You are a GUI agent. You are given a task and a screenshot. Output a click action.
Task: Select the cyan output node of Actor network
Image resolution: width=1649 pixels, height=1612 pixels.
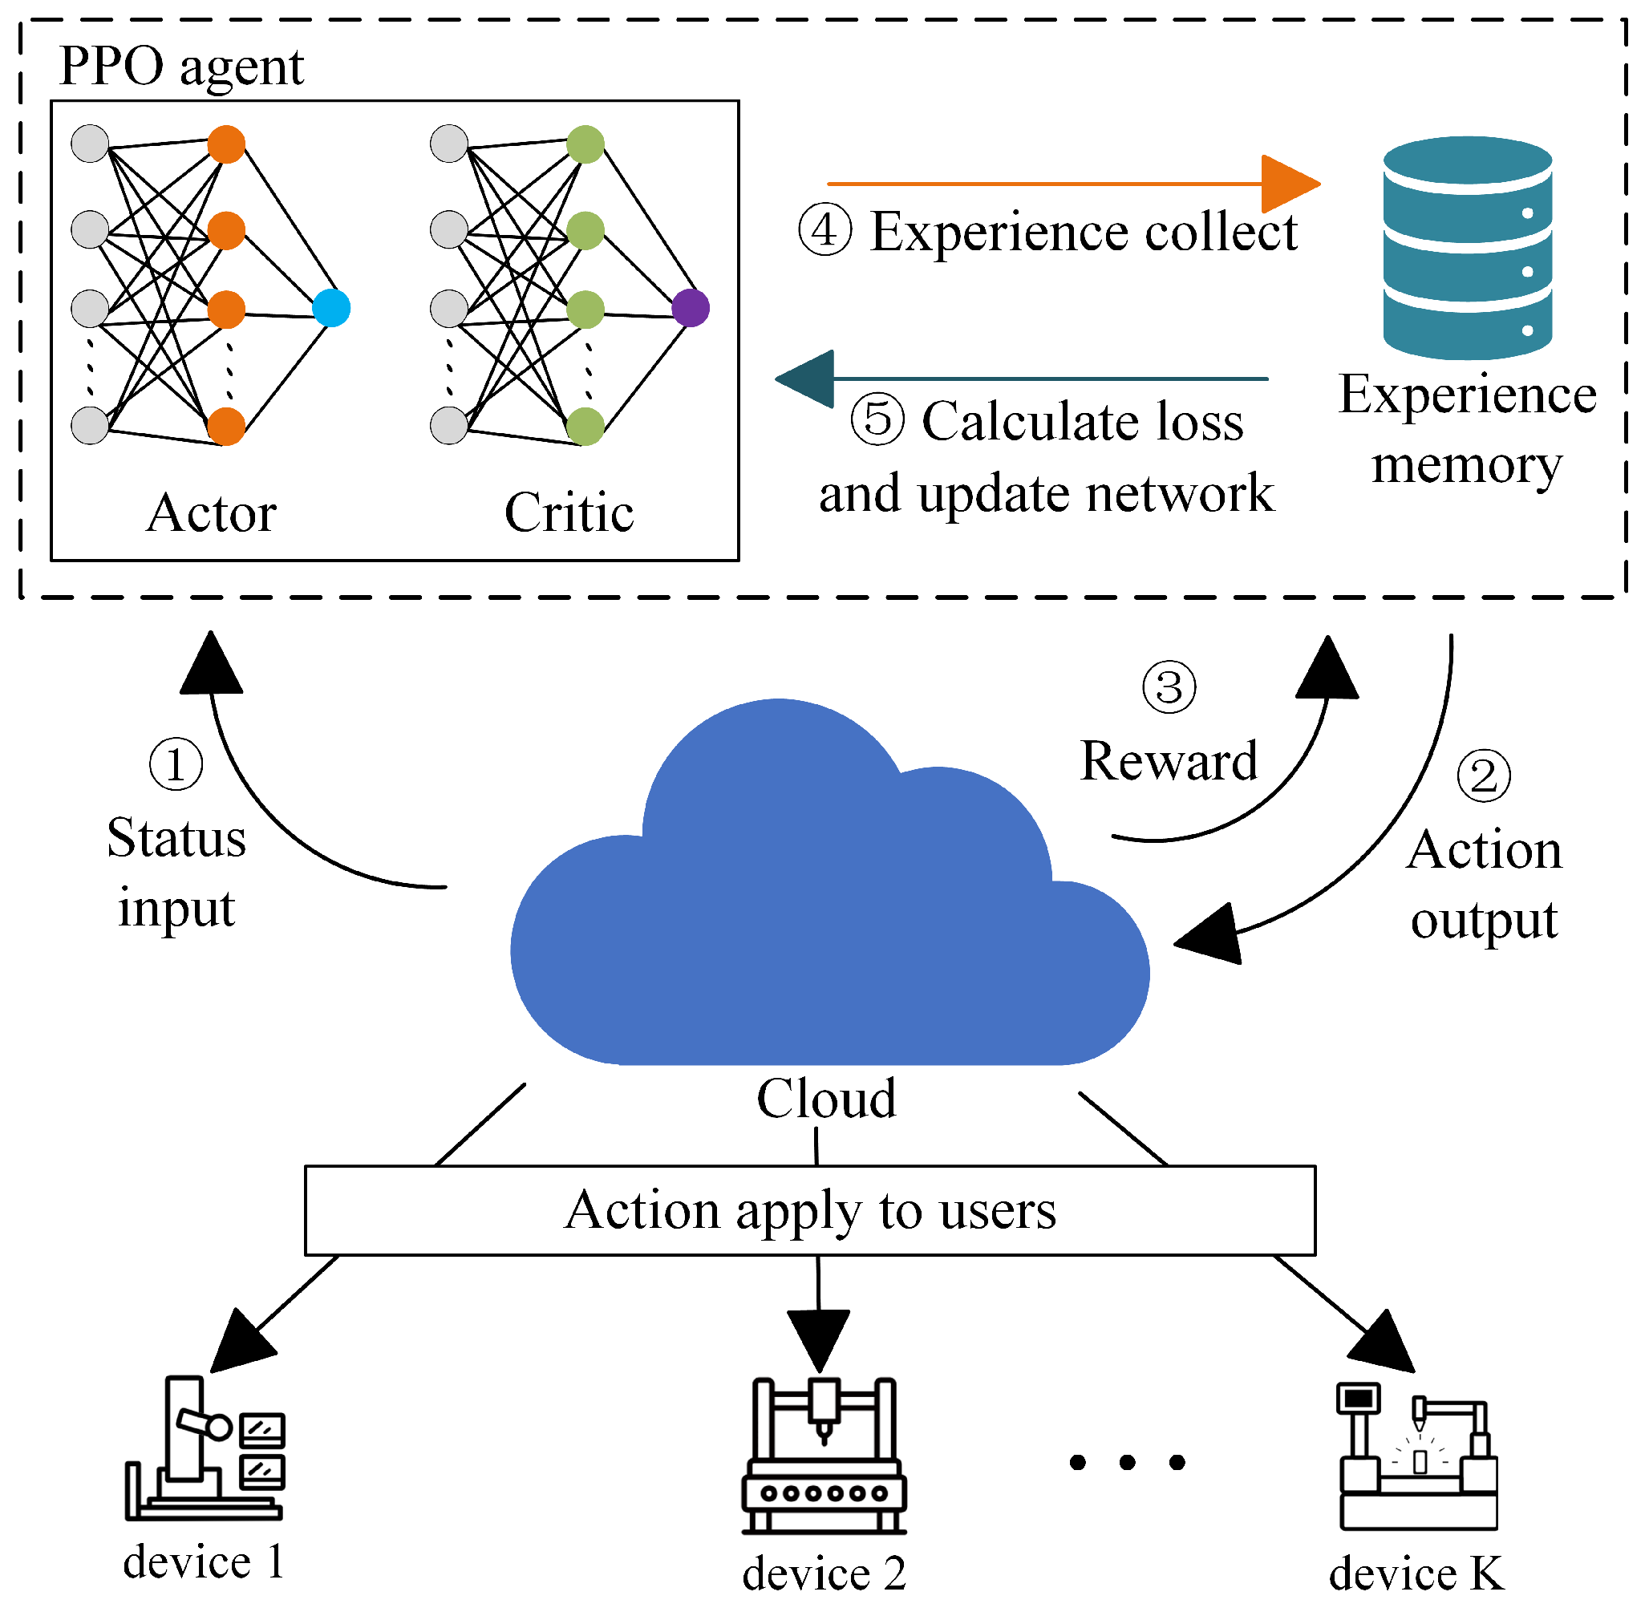tap(331, 308)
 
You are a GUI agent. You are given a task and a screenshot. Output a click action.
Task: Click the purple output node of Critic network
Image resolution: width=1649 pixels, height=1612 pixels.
tap(691, 308)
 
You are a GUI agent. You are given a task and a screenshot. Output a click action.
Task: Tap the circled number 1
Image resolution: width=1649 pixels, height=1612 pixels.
tap(176, 764)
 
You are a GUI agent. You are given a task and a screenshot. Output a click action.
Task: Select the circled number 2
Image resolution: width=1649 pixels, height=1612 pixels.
tap(1483, 776)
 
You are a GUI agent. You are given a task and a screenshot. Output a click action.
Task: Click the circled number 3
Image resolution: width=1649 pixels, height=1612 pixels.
tap(1169, 687)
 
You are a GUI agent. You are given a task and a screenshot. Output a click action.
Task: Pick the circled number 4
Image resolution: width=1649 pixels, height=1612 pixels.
tap(825, 230)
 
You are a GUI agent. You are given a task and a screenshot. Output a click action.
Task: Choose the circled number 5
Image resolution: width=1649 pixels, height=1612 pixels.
tap(877, 420)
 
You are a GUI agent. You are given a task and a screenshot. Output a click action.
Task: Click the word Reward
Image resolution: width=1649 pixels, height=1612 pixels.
tap(1169, 761)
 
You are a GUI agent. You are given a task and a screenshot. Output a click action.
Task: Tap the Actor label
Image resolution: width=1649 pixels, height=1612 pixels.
tap(212, 513)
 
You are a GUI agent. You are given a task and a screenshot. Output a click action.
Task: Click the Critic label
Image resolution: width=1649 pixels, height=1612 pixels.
tap(569, 513)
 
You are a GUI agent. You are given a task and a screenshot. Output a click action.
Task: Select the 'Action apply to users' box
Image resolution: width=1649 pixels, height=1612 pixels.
tap(810, 1210)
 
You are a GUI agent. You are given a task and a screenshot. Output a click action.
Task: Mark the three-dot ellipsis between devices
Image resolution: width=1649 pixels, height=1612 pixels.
tap(1127, 1462)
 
